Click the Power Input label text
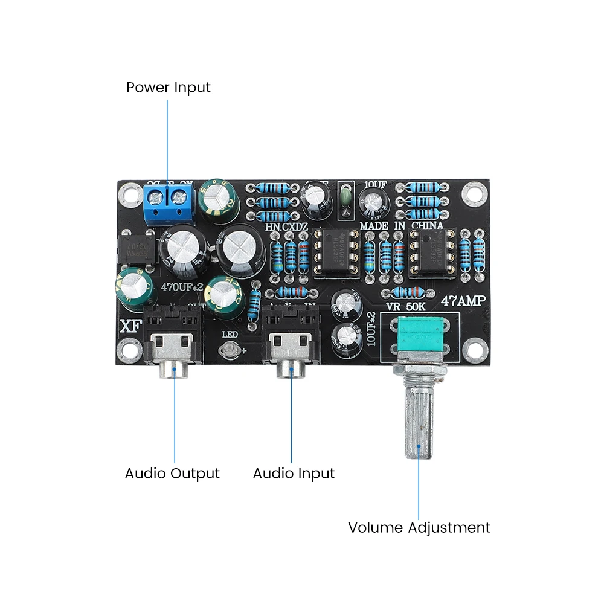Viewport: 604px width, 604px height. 168,87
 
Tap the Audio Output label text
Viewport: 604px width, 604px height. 172,473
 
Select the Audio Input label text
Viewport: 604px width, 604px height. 294,473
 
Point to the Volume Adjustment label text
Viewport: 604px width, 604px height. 419,527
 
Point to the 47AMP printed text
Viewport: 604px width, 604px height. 465,301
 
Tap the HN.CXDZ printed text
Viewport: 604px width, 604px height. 288,227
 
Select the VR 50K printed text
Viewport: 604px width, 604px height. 406,307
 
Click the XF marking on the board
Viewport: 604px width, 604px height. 129,326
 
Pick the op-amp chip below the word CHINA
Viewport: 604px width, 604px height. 432,251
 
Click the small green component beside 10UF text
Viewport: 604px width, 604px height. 346,201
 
